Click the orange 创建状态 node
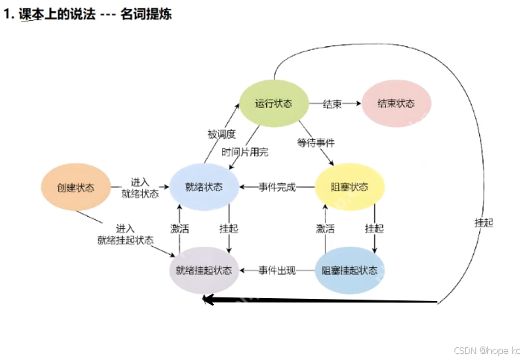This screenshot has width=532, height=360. pyautogui.click(x=76, y=187)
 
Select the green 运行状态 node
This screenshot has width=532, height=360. pyautogui.click(x=273, y=103)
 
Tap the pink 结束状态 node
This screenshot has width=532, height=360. pyautogui.click(x=396, y=103)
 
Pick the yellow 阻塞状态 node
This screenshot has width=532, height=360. pyautogui.click(x=349, y=187)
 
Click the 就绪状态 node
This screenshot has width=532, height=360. pyautogui.click(x=203, y=187)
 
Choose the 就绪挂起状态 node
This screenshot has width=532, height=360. pyautogui.click(x=203, y=270)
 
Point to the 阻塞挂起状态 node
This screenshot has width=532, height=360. pyautogui.click(x=349, y=270)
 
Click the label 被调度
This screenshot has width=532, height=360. pyautogui.click(x=221, y=134)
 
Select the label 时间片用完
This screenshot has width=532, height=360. pyautogui.click(x=245, y=152)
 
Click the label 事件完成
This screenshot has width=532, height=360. pyautogui.click(x=276, y=187)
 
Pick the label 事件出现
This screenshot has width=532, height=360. pyautogui.click(x=276, y=270)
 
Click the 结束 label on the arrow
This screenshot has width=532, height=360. pyautogui.click(x=332, y=104)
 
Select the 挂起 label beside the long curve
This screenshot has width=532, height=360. pyautogui.click(x=484, y=222)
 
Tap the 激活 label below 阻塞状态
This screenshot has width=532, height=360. pyautogui.click(x=325, y=228)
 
